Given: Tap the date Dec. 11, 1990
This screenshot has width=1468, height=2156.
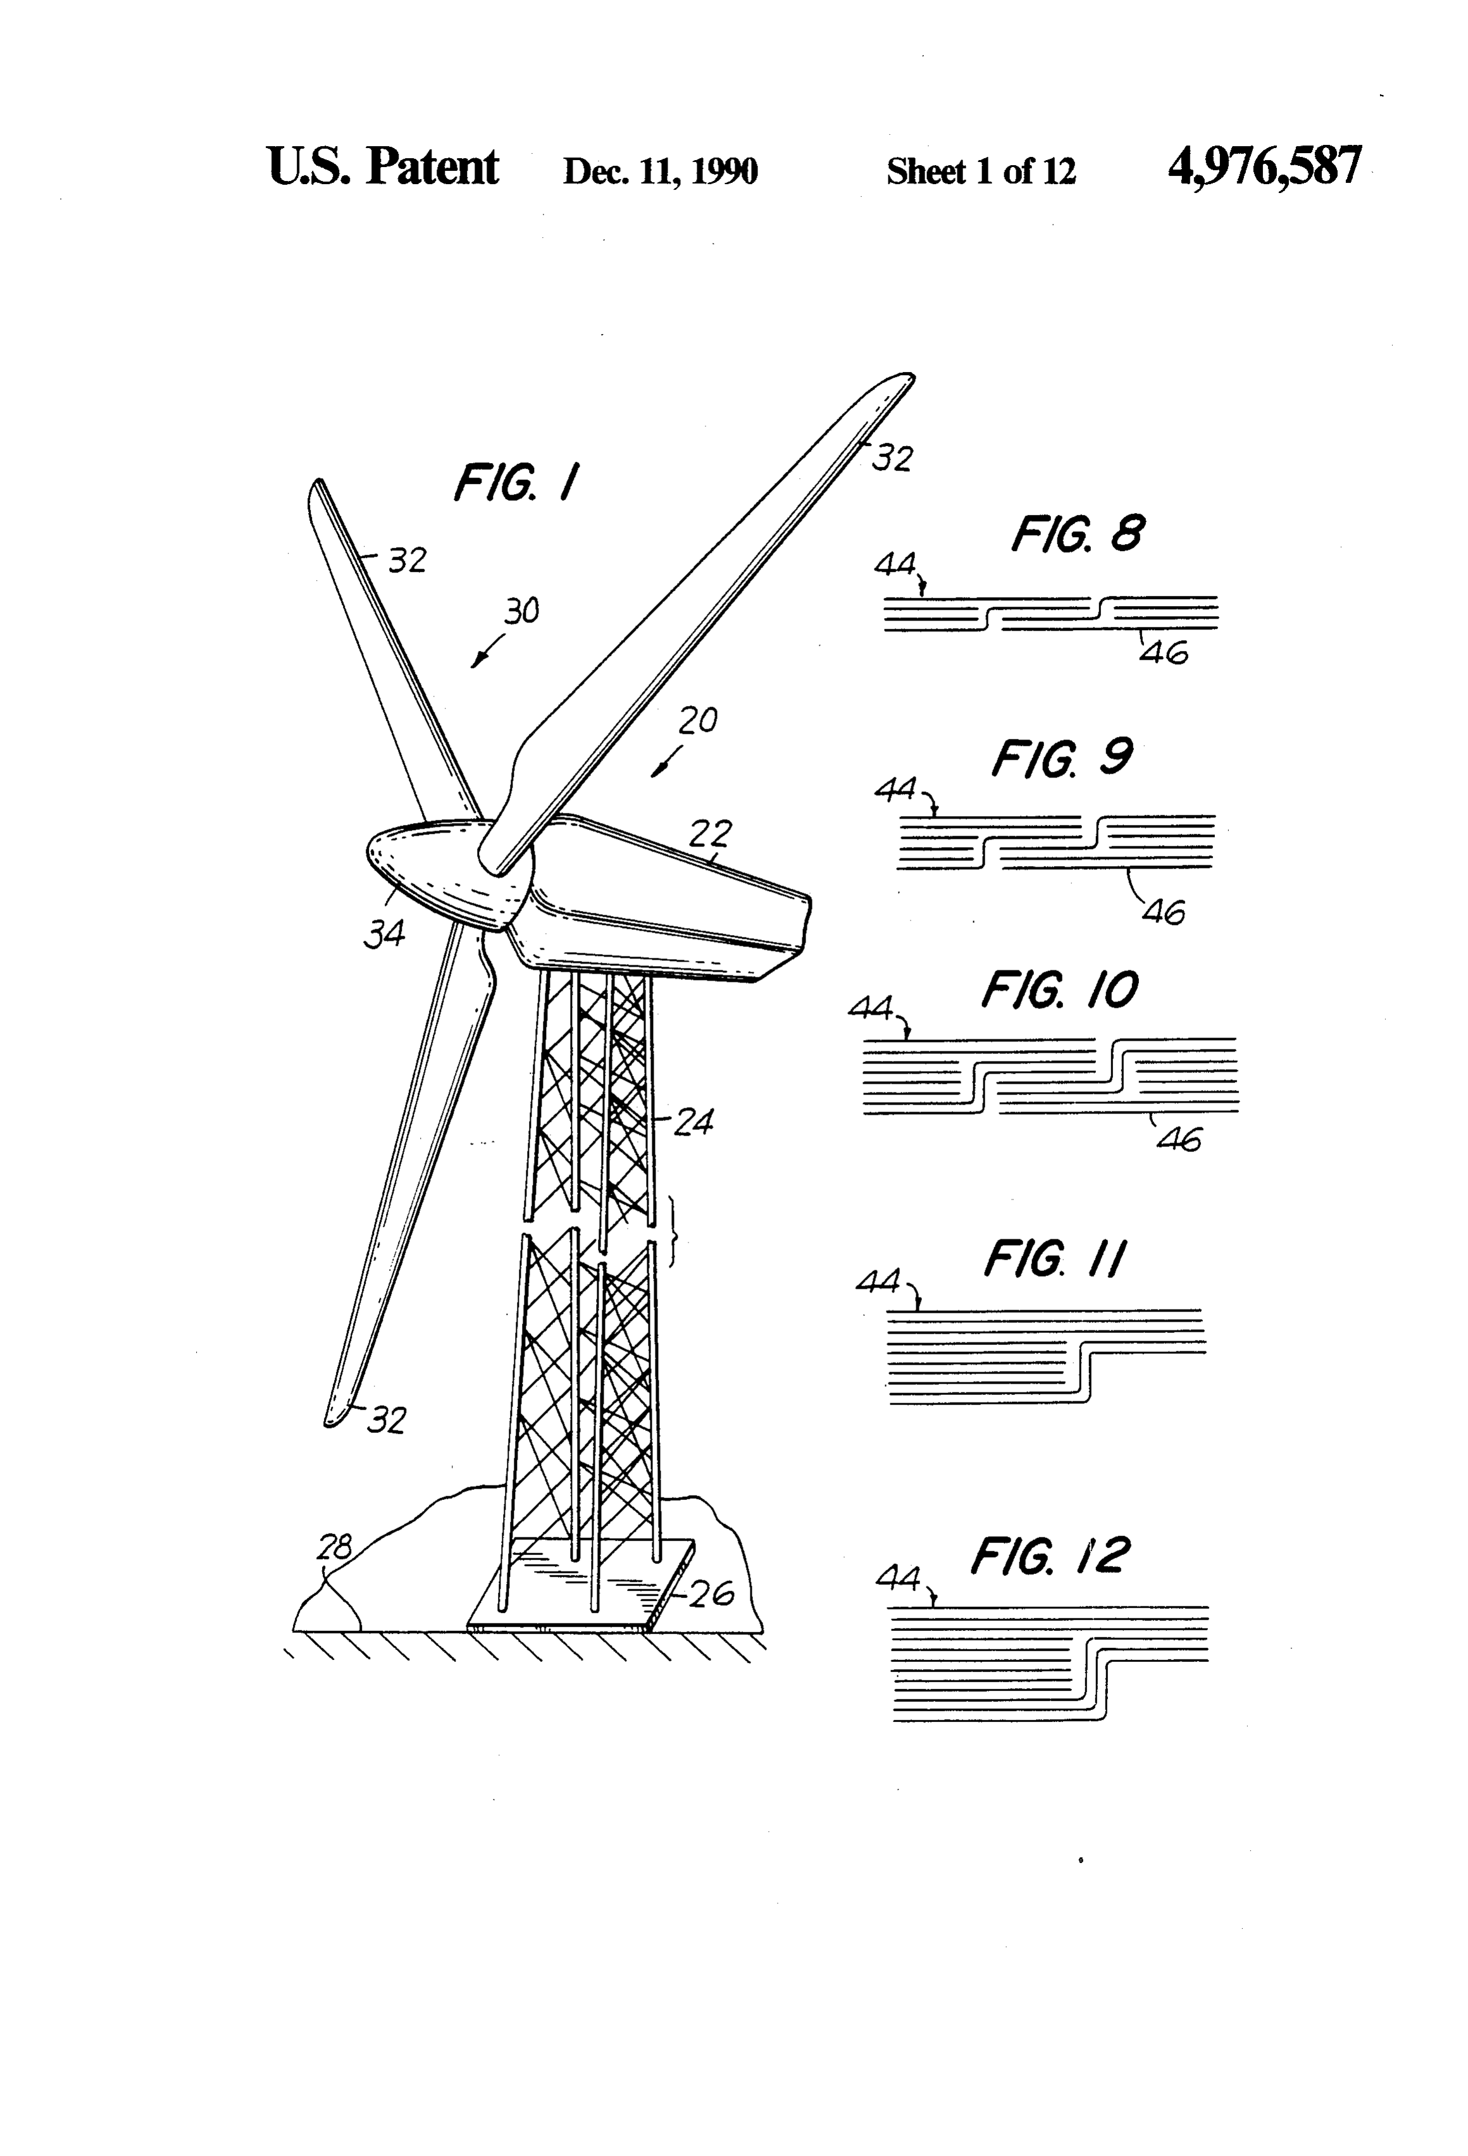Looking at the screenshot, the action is [660, 171].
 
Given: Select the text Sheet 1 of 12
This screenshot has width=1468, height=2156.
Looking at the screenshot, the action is [981, 171].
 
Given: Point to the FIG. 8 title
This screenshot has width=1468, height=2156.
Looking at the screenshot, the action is [1078, 533].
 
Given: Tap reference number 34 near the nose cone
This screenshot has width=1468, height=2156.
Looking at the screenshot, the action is [384, 933].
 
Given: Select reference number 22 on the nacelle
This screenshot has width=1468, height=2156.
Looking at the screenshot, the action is [710, 833].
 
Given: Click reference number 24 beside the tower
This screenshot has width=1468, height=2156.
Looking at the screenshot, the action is [693, 1122].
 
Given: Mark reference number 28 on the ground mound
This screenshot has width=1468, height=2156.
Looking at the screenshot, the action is [335, 1547].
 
